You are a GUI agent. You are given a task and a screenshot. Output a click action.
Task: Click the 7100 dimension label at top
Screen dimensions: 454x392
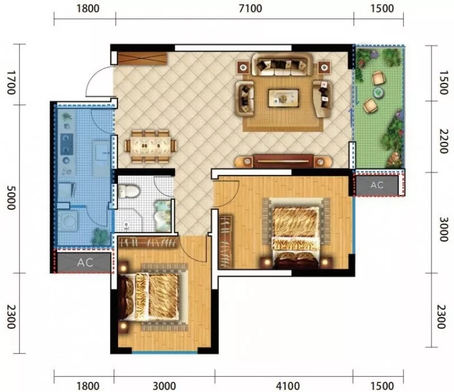pos(250,9)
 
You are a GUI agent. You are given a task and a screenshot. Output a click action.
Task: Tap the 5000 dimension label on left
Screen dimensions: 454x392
pos(11,198)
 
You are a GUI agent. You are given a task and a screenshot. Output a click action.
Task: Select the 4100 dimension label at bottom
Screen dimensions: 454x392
pos(288,386)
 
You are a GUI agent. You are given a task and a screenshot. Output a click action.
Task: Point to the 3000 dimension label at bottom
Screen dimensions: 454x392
pos(164,386)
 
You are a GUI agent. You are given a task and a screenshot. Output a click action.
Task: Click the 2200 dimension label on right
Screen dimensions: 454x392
pos(443,141)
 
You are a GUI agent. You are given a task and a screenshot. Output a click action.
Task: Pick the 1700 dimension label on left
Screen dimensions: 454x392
pos(11,83)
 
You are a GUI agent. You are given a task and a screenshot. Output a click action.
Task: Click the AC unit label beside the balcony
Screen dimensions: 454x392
pos(377,185)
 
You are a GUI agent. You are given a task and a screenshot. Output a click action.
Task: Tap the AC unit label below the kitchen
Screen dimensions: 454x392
pos(85,263)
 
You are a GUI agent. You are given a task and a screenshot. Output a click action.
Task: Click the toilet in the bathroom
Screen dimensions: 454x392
pos(129,191)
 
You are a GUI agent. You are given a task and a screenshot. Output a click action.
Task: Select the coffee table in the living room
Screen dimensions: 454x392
pos(283,98)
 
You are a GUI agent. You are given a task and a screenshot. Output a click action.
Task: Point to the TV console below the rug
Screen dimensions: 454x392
pos(283,161)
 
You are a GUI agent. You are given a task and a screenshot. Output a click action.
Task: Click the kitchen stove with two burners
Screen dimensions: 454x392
pos(66,144)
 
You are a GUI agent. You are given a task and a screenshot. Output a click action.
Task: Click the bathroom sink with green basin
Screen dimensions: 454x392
pos(162,216)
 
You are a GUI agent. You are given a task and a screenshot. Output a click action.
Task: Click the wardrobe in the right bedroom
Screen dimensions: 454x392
pos(226,242)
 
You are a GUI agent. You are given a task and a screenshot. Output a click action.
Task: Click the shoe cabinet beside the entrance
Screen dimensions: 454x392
pos(142,59)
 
